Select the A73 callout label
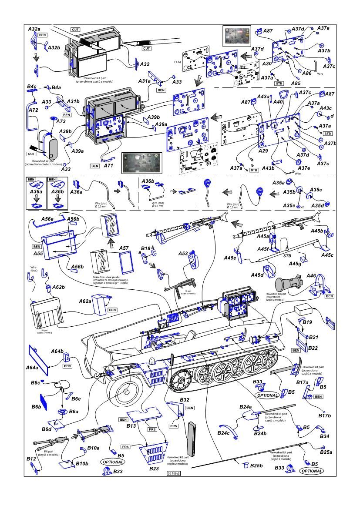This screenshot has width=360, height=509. tap(61, 121)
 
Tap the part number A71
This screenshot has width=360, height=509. tap(108, 166)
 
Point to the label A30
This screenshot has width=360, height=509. tap(267, 64)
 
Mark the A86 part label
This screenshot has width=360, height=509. tap(307, 73)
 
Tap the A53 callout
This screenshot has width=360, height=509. tap(183, 253)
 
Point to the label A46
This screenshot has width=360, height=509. tap(311, 276)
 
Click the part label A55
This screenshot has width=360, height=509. tap(38, 253)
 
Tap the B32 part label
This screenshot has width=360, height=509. tap(184, 399)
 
